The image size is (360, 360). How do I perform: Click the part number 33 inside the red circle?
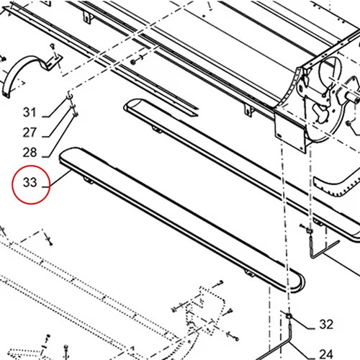click(x=30, y=182)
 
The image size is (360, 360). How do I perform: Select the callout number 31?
click(x=30, y=112)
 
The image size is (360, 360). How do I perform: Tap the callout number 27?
click(x=30, y=132)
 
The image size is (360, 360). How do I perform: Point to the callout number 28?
click(x=30, y=153)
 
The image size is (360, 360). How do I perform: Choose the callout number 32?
click(x=326, y=325)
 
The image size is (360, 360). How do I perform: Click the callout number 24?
click(x=326, y=354)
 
